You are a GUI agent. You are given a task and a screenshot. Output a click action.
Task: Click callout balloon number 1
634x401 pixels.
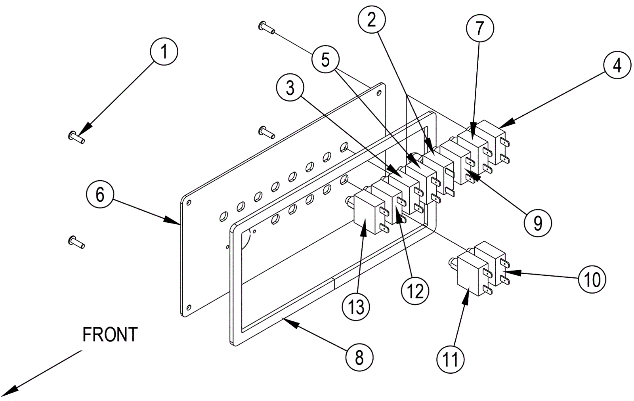click(x=164, y=52)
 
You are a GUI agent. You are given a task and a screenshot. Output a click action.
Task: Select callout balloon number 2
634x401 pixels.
click(x=371, y=20)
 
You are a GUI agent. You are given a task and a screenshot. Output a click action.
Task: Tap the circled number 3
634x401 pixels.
click(x=290, y=88)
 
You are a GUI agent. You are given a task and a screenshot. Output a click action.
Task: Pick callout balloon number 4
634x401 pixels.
click(x=617, y=65)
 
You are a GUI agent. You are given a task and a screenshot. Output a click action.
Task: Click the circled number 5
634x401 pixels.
click(x=325, y=60)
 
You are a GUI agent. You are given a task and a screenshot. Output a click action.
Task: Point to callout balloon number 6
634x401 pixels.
click(x=100, y=195)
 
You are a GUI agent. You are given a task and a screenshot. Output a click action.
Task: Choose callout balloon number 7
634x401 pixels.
click(x=479, y=28)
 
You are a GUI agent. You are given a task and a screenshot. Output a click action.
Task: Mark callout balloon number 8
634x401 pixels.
click(x=359, y=358)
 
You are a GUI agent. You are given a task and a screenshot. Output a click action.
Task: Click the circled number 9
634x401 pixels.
click(x=538, y=223)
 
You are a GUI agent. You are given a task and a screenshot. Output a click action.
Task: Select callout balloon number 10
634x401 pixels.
click(x=592, y=280)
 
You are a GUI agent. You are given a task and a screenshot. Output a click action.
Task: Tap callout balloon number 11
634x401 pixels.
click(x=450, y=360)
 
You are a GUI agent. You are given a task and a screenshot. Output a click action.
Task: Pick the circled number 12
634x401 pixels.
click(x=415, y=292)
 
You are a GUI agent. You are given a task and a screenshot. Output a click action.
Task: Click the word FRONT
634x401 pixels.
click(x=110, y=335)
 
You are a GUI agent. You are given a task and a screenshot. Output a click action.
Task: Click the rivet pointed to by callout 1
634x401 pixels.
click(x=76, y=137)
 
